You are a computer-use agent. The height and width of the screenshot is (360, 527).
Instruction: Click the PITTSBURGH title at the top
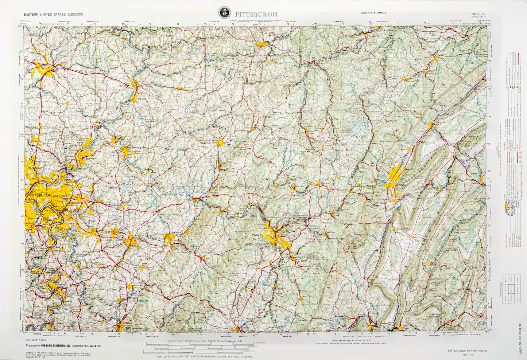click(256, 14)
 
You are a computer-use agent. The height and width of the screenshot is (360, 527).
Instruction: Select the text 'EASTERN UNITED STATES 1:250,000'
click(53, 15)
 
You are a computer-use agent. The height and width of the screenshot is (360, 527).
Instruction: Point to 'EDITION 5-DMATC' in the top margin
click(374, 13)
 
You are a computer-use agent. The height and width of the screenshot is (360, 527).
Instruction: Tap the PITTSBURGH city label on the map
click(40, 195)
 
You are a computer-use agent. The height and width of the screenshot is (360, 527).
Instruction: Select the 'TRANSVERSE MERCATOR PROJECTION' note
click(349, 340)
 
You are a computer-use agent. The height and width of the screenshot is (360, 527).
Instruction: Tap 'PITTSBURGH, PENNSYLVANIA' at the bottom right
click(467, 351)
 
